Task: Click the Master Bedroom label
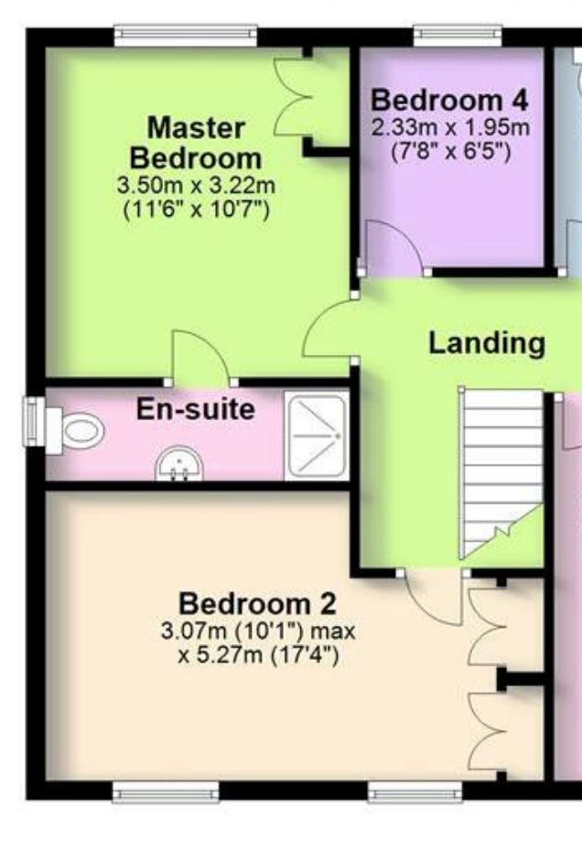pyautogui.click(x=196, y=143)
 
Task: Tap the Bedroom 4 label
pyautogui.click(x=449, y=101)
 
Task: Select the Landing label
pyautogui.click(x=487, y=343)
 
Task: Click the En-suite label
pyautogui.click(x=196, y=409)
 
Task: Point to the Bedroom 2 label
pyautogui.click(x=257, y=604)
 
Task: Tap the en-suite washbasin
pyautogui.click(x=179, y=464)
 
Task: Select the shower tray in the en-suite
pyautogui.click(x=317, y=437)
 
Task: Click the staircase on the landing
pyautogui.click(x=501, y=474)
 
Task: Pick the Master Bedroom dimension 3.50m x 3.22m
pyautogui.click(x=196, y=186)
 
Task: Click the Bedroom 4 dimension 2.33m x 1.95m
pyautogui.click(x=450, y=128)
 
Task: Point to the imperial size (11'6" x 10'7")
pyautogui.click(x=196, y=209)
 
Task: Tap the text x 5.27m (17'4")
pyautogui.click(x=258, y=655)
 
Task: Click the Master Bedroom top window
pyautogui.click(x=185, y=36)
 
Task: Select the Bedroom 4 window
pyautogui.click(x=458, y=36)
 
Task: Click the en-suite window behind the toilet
pyautogui.click(x=34, y=422)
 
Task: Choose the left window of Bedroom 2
pyautogui.click(x=166, y=792)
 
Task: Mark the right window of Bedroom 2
pyautogui.click(x=415, y=792)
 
